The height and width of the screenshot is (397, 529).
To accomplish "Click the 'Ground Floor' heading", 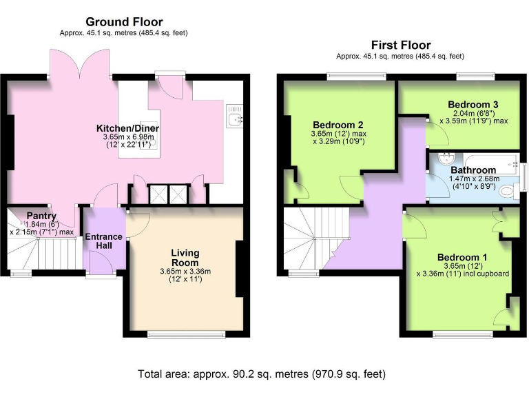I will click(x=123, y=22).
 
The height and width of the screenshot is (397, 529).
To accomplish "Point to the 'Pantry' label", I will click(x=41, y=216).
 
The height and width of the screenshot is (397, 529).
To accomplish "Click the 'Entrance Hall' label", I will click(x=103, y=241).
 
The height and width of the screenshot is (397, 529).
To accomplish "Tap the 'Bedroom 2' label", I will click(x=337, y=125).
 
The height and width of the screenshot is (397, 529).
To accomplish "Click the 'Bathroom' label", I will click(x=473, y=170).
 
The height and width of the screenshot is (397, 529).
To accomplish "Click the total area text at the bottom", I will click(x=262, y=374).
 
